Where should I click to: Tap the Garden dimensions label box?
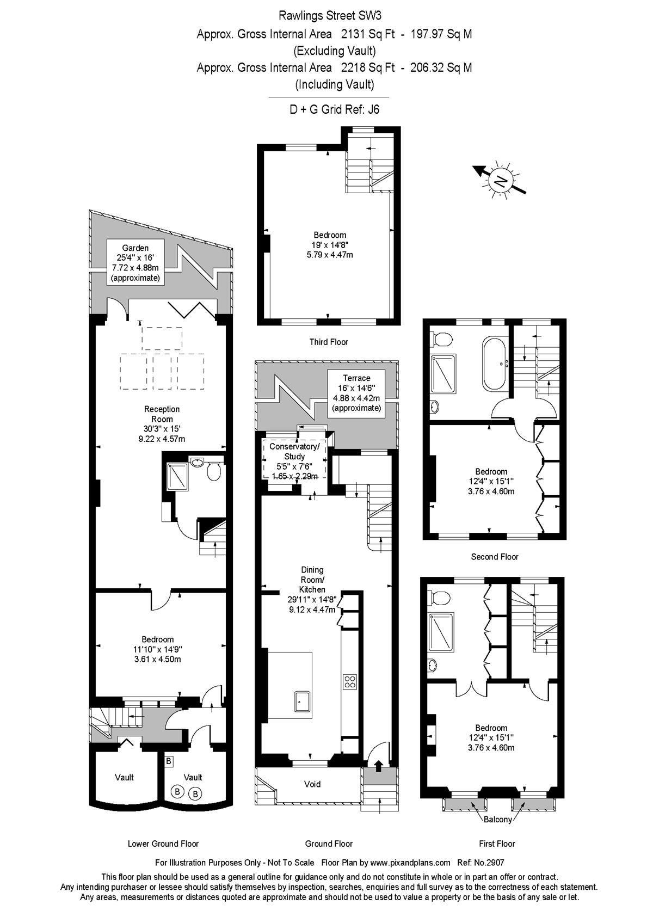[135, 263]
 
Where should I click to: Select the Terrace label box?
[356, 393]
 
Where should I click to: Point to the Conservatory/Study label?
[294, 461]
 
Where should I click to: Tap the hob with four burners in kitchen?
[350, 681]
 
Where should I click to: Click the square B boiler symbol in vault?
[168, 760]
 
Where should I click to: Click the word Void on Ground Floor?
[312, 784]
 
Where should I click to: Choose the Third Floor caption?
[329, 342]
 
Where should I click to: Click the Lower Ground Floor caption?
[163, 844]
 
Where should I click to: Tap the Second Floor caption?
[495, 557]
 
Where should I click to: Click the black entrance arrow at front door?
[378, 764]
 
